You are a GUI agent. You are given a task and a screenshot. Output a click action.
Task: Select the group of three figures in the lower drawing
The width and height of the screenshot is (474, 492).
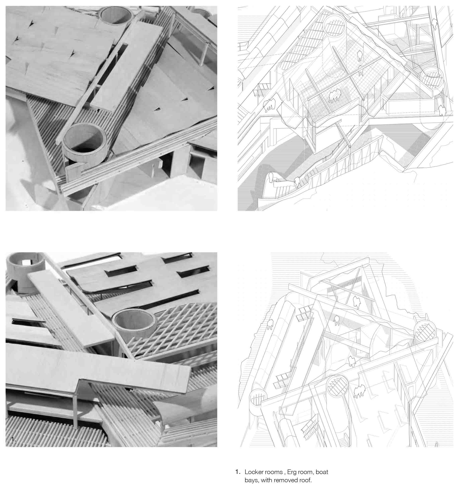359,391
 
